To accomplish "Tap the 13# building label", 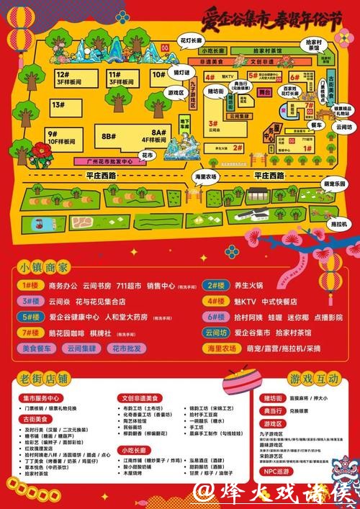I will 58,105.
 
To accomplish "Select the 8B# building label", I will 109,135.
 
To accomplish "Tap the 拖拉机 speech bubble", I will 340,224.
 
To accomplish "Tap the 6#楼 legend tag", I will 217,317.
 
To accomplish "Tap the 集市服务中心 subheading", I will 42,398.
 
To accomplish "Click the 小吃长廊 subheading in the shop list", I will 133,449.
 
